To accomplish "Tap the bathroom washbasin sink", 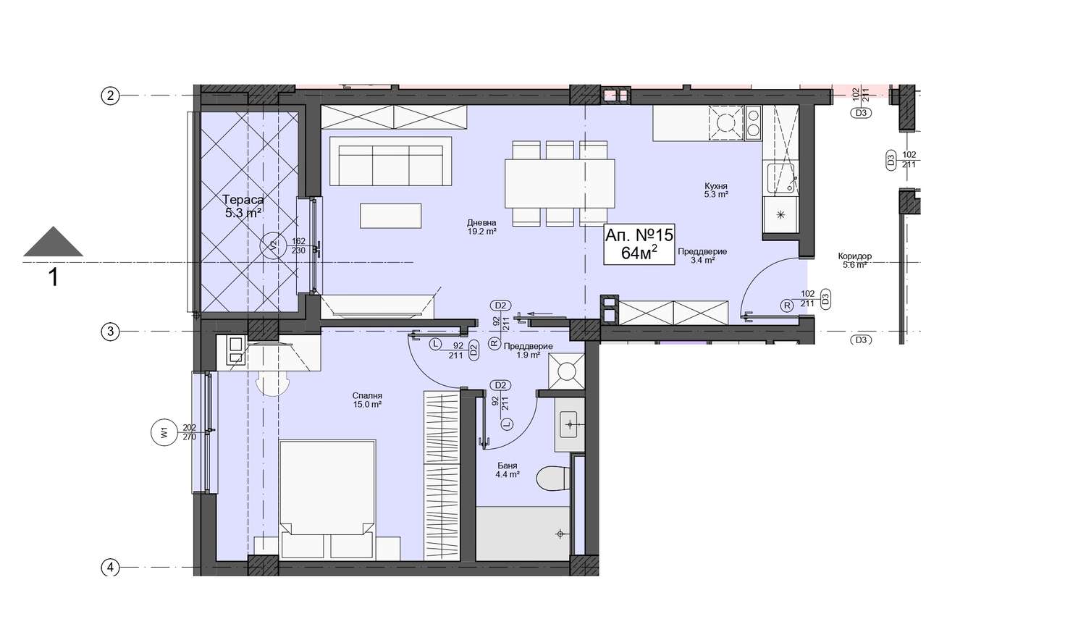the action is (x=569, y=425).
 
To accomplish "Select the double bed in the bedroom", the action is (x=327, y=500).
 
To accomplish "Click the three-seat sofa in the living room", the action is (x=390, y=161).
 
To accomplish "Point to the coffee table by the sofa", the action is (x=390, y=216).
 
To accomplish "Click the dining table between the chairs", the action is (x=560, y=183).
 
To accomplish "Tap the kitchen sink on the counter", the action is (x=780, y=178).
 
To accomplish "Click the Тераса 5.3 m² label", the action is (x=243, y=206).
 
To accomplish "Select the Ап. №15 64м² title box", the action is (x=639, y=244).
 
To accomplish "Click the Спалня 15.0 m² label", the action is (x=367, y=400).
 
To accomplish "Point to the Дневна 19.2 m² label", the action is (x=481, y=227).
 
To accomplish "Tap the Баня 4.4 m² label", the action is (x=507, y=470).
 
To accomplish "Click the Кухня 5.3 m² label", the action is (x=716, y=190).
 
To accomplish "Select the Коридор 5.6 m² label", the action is (x=855, y=261).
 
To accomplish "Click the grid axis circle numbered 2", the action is (x=110, y=96).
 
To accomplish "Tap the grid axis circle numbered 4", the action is (x=110, y=568).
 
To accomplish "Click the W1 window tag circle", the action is (x=165, y=432).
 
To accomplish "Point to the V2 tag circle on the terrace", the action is (x=274, y=245).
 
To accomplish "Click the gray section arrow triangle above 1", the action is (x=53, y=242).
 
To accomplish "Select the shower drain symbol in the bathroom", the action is (x=560, y=534).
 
